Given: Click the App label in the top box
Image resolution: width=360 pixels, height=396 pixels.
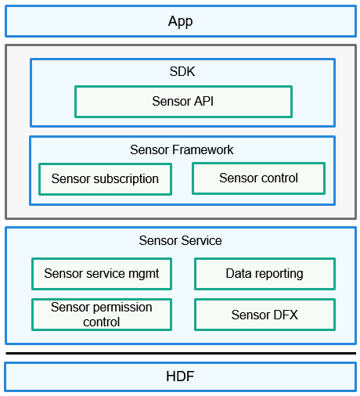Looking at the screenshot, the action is point(180,21).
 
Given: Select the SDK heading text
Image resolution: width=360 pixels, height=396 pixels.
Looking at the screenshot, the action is point(182,71).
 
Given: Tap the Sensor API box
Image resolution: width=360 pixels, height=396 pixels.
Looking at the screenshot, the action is point(183,102).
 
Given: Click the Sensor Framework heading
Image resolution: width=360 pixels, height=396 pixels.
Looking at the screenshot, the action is point(182,149).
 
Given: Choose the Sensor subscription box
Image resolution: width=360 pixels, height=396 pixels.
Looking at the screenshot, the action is point(105,179).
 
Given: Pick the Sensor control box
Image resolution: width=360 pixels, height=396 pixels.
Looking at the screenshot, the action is point(258,178).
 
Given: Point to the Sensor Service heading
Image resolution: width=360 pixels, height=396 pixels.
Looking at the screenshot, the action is point(180,240).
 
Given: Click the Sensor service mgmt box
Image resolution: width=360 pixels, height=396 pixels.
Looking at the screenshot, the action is point(102,274).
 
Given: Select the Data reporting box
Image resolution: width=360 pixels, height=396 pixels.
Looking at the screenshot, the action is point(265,274).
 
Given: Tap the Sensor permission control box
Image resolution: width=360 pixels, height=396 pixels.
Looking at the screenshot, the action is point(102,315).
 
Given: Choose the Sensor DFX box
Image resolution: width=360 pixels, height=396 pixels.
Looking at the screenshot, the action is point(265,315).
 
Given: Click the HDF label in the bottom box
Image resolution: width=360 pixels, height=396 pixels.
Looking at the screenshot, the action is point(180,376).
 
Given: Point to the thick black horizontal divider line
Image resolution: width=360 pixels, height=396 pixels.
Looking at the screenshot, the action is point(181,354).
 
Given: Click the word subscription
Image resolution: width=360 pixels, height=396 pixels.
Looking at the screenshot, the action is point(126,179).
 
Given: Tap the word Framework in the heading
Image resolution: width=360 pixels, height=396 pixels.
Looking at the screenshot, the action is point(203,149).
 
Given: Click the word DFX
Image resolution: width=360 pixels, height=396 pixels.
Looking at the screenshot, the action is point(286,315).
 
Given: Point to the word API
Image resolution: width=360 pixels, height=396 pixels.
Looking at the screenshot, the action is point(203,101).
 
